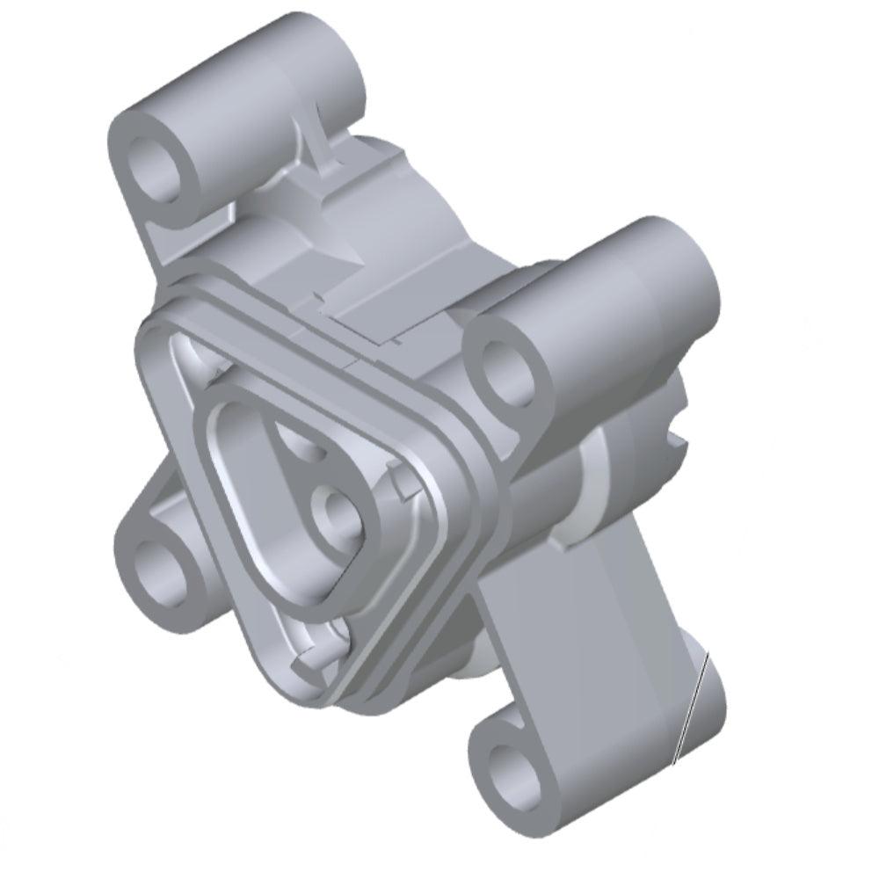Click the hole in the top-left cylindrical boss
click(160, 167)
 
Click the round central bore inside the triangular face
click(337, 512)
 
